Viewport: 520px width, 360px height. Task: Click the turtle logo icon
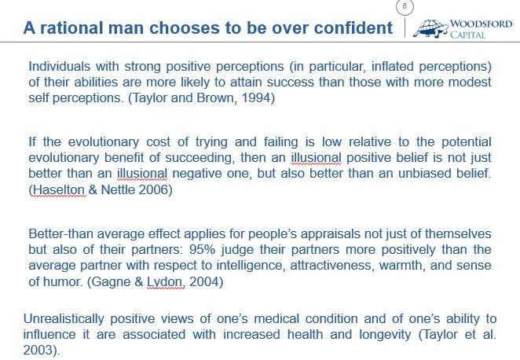[430, 28]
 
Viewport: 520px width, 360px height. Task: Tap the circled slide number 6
[405, 6]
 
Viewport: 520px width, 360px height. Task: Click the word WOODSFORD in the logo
[481, 24]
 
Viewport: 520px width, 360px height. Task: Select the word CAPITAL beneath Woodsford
[467, 35]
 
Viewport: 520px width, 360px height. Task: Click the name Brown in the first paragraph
[216, 98]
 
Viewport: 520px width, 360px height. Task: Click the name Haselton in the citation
[59, 189]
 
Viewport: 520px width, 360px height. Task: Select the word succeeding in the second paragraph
[200, 158]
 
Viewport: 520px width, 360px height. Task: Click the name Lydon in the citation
[164, 282]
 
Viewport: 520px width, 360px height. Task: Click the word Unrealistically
[64, 319]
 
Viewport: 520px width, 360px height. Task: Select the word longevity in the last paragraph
[386, 334]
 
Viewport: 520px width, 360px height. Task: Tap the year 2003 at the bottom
[40, 351]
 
